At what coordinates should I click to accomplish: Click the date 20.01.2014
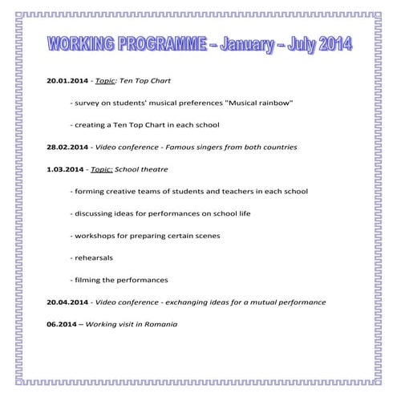67,82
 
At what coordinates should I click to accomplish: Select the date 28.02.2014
67,148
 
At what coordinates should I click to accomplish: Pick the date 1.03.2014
65,170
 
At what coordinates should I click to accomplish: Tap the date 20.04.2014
67,302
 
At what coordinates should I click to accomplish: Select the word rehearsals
93,258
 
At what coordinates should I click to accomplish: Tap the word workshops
95,236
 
